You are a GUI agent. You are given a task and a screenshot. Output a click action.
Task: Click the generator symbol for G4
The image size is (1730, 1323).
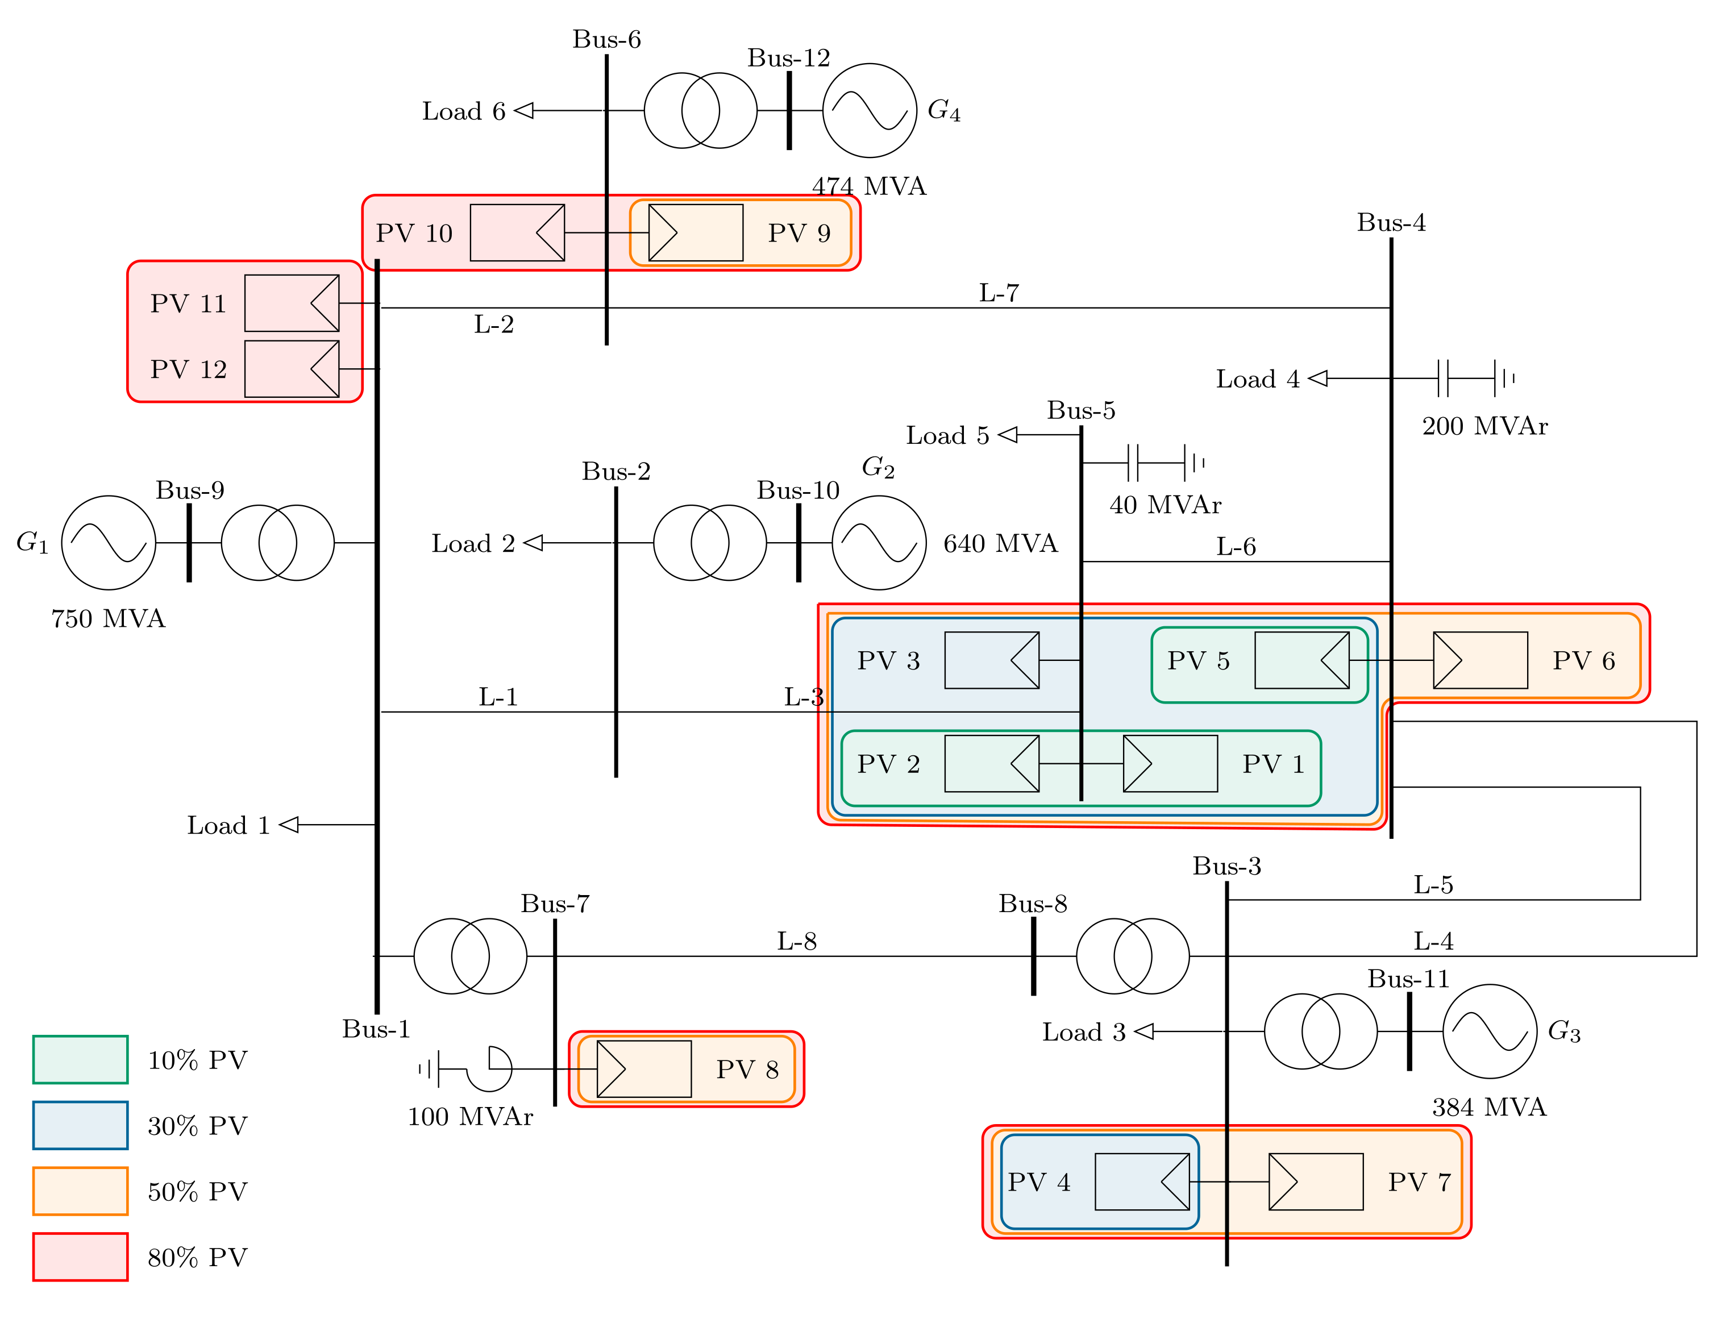870,110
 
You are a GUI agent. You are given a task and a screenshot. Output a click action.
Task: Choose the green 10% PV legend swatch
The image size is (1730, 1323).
80,1059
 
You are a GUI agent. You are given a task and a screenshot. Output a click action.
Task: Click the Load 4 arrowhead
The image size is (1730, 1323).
1318,379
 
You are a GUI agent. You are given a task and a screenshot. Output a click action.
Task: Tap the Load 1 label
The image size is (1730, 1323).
228,825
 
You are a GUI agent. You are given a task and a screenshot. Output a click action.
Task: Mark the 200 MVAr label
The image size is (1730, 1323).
1484,426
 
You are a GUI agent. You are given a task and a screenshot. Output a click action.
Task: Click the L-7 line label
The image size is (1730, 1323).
999,293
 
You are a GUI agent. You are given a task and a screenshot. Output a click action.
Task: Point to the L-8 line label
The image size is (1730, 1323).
796,941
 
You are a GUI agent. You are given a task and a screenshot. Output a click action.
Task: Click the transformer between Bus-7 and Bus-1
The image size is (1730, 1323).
470,955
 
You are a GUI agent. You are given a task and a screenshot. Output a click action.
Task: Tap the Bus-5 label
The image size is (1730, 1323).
1080,410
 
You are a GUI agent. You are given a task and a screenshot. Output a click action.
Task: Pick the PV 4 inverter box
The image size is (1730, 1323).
1141,1181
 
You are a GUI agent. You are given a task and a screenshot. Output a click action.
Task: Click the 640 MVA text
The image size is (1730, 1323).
1000,543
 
